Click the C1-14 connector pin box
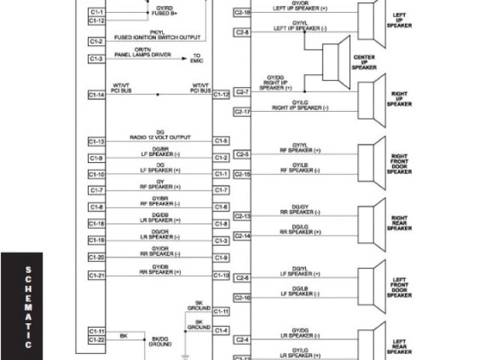96,95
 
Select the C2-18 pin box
242,13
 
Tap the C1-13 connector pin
96,141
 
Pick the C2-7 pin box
242,91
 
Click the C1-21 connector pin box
96,275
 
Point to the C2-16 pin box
242,298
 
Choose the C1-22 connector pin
96,340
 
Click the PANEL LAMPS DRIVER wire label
142,55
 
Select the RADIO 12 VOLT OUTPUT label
160,138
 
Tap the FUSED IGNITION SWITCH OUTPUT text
157,37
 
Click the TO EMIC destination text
196,58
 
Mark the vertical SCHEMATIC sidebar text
28,307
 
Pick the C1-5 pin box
221,141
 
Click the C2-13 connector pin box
242,216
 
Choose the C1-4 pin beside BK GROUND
221,330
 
